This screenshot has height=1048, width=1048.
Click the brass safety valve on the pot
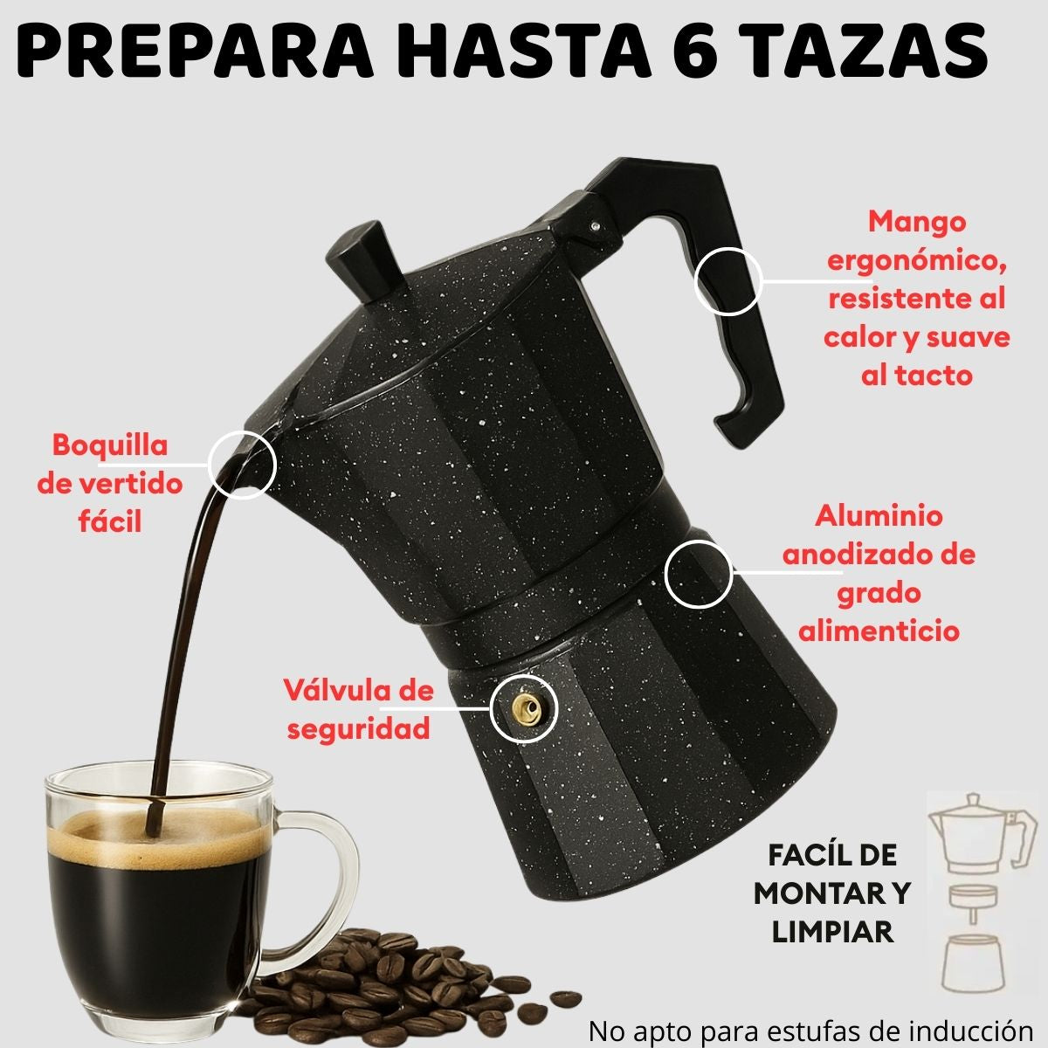524,707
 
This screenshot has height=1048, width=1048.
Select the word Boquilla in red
110,446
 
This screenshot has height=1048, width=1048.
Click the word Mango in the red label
916,224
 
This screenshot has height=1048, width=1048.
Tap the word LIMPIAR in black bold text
832,932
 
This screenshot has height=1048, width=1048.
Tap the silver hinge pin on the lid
596,224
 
